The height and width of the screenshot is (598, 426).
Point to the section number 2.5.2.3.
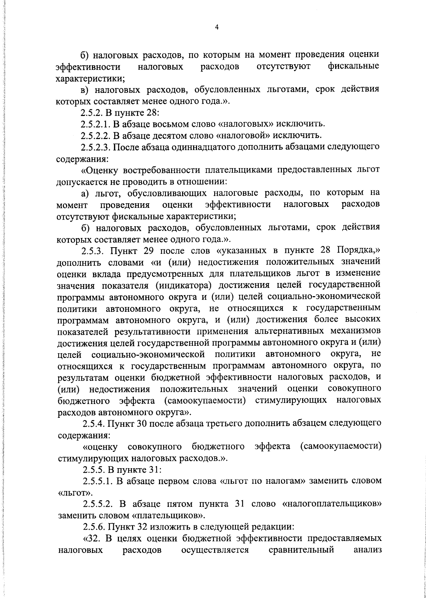click(95, 147)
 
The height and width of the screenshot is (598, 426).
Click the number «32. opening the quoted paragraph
click(92, 539)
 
